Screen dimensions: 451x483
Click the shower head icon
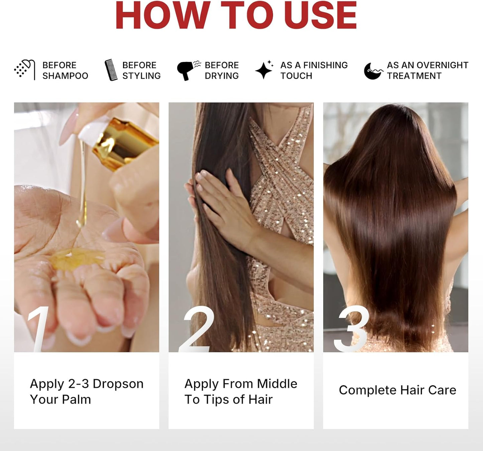[25, 69]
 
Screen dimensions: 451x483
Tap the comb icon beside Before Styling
[111, 70]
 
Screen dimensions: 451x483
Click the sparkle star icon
[264, 70]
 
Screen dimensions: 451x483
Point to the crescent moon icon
[372, 71]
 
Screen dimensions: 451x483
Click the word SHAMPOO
[65, 76]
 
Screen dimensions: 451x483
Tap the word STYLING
[141, 76]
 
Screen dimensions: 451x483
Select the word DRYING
[222, 76]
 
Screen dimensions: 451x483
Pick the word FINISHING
[326, 65]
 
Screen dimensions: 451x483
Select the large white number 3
[352, 329]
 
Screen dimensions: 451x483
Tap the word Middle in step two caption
[277, 384]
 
